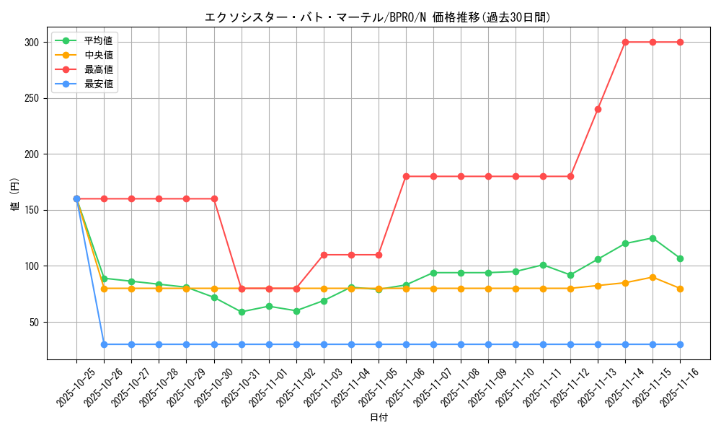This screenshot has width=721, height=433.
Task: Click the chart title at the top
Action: coord(378,17)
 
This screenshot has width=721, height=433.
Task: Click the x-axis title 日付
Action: coord(379,418)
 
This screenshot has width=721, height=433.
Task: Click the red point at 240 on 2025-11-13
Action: coord(598,109)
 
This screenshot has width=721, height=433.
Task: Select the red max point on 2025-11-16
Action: coord(680,42)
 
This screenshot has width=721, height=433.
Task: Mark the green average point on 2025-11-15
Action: coord(653,238)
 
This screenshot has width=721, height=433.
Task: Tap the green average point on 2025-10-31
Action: coord(242,312)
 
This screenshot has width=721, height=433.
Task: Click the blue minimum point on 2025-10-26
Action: coord(104,344)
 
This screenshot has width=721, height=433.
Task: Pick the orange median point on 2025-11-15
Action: coord(653,277)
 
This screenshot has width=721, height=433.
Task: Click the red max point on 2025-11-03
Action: coord(324,255)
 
